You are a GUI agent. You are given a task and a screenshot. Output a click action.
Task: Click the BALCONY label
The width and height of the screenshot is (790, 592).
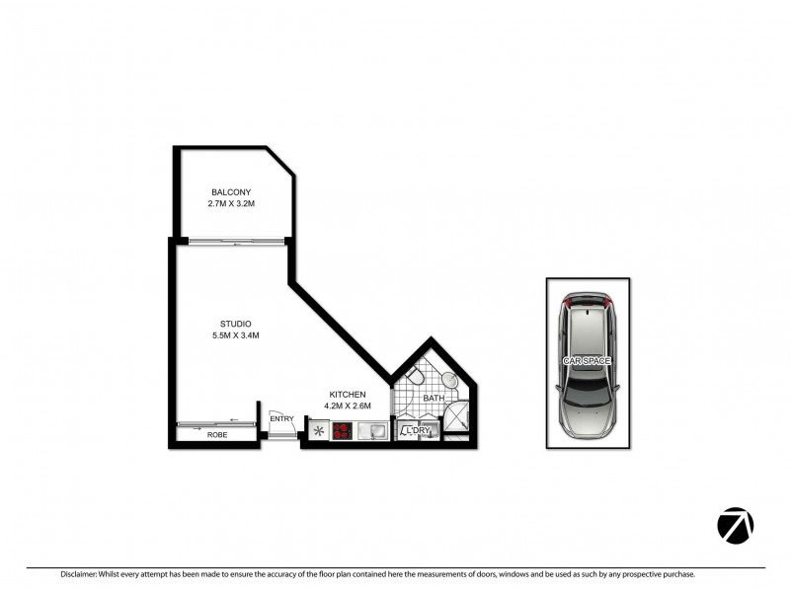point(230,192)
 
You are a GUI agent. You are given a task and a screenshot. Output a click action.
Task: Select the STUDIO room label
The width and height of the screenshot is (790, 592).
point(236,324)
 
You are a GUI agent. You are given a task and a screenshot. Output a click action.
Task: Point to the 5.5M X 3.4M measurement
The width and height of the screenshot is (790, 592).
point(236,335)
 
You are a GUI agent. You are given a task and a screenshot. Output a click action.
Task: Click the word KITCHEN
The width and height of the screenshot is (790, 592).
point(348,394)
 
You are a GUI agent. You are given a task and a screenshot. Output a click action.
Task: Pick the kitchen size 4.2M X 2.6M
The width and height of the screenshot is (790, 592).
point(348,406)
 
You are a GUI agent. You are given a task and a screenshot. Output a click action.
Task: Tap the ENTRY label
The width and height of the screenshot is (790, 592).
point(282,419)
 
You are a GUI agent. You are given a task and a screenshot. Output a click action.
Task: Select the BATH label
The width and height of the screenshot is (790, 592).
point(434,399)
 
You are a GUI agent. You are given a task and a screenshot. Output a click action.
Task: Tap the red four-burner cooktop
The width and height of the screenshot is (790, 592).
point(343,430)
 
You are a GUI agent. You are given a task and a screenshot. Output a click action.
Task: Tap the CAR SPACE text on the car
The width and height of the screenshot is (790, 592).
point(587,362)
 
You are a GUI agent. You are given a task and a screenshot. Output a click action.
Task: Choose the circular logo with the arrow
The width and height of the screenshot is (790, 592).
point(735,525)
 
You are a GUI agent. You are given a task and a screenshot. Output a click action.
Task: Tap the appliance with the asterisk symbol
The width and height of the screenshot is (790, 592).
point(318,430)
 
